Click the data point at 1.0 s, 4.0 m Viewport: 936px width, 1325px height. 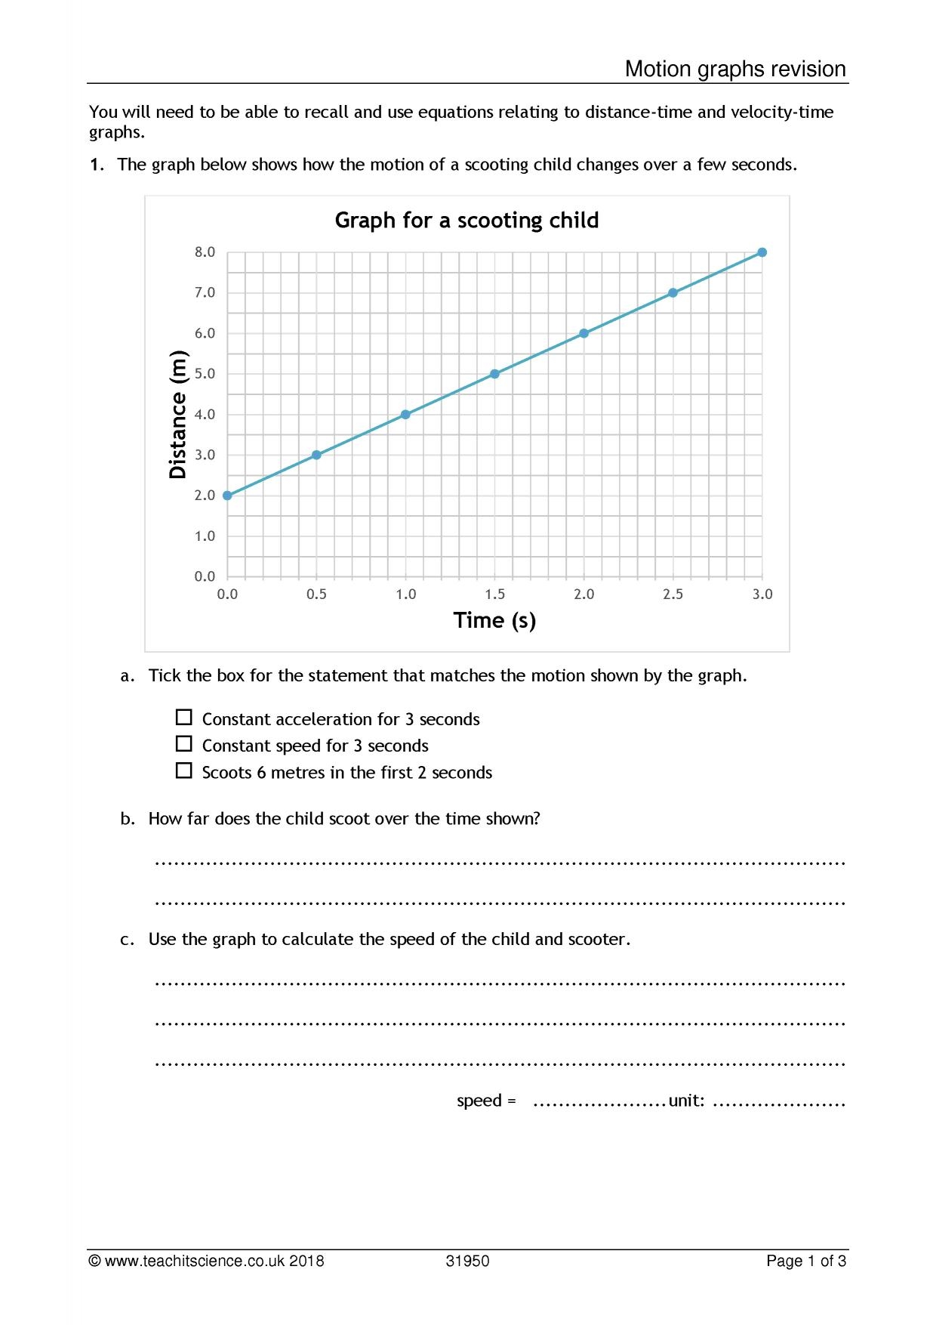click(405, 414)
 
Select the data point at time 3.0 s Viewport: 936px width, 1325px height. click(762, 252)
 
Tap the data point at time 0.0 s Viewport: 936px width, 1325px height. click(227, 496)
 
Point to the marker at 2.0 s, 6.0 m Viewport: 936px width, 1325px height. click(583, 333)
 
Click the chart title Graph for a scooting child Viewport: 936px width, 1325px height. click(466, 221)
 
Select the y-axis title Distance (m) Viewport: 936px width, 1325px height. click(178, 415)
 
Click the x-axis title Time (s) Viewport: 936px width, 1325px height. click(494, 620)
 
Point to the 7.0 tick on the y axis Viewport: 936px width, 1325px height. click(205, 292)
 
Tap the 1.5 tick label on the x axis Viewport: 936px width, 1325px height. click(494, 595)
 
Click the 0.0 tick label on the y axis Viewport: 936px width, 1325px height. click(205, 576)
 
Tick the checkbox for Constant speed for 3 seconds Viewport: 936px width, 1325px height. click(183, 744)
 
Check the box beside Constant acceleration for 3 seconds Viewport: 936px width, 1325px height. click(183, 717)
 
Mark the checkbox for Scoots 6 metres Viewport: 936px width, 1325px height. click(183, 771)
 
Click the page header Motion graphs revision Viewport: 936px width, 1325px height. click(734, 69)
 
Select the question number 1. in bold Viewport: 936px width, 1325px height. click(97, 165)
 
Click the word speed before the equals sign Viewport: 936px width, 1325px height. click(479, 1101)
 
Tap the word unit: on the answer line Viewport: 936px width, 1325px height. click(686, 1101)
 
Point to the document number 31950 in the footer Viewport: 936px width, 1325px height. click(467, 1261)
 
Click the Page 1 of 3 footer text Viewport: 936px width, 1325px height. click(805, 1261)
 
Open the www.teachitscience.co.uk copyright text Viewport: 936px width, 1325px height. click(206, 1261)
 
